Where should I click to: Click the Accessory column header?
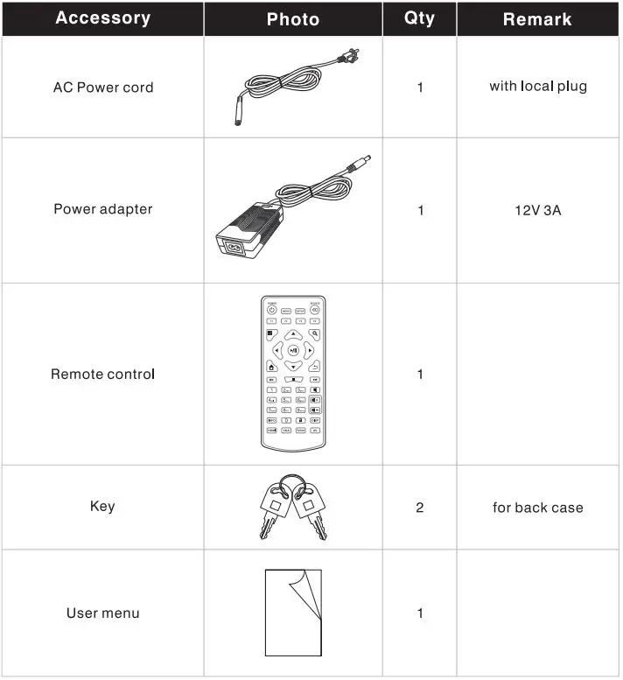[102, 18]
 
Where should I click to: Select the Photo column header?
[292, 19]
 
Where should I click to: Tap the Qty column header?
[419, 18]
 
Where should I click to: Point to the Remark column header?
[537, 19]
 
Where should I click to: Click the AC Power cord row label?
[102, 88]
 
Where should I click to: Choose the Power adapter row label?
[102, 209]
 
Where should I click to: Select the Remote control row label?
[102, 375]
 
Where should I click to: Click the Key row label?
[102, 507]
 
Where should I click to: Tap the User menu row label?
[102, 613]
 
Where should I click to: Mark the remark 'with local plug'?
[537, 87]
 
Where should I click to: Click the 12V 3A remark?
[537, 210]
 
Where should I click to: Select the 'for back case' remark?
[537, 508]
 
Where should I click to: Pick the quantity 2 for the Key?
[419, 508]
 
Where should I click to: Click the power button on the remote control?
[271, 310]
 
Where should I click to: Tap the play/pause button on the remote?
[293, 351]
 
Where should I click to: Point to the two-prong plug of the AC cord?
[350, 56]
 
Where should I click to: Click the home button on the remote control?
[271, 368]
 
